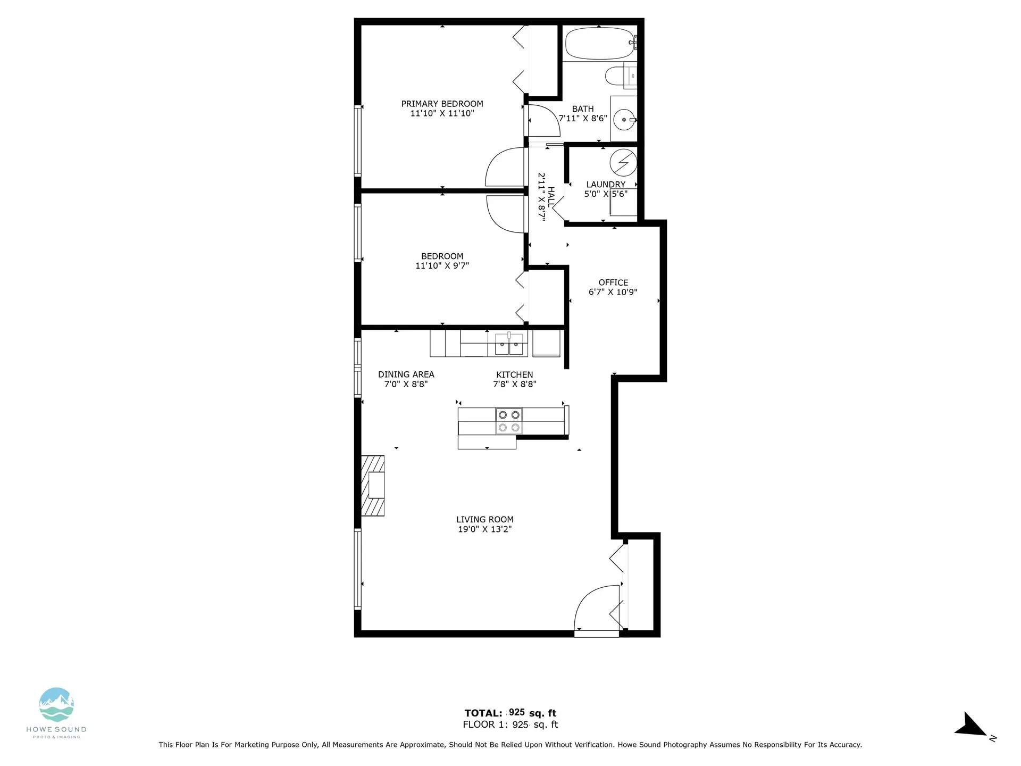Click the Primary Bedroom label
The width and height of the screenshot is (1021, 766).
(x=442, y=104)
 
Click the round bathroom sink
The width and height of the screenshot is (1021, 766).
(x=623, y=120)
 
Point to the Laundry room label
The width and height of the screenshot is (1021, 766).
(x=606, y=185)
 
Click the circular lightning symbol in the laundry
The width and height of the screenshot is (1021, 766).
(x=623, y=162)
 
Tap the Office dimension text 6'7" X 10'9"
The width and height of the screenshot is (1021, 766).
(x=613, y=292)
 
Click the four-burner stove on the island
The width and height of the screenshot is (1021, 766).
(x=509, y=421)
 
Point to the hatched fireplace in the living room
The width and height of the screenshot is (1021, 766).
(x=373, y=485)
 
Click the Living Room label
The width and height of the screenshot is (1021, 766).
(x=484, y=519)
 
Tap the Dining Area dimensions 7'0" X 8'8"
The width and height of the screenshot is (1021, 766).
(x=406, y=384)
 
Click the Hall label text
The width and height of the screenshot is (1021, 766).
(x=551, y=197)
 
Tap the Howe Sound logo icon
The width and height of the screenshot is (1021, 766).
(x=56, y=705)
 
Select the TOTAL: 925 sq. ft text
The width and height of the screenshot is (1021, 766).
(x=510, y=713)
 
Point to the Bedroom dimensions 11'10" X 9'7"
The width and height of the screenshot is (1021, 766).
(x=442, y=265)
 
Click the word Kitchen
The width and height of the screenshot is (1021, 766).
(x=514, y=374)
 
